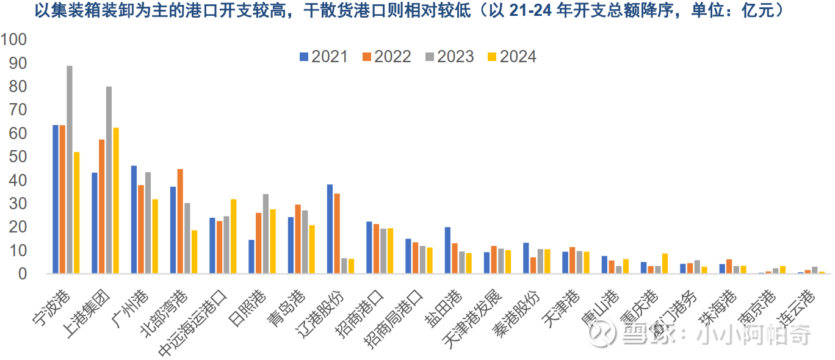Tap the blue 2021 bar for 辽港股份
330,229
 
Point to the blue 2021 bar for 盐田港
447,250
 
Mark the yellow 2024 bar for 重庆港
665,263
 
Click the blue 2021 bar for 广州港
134,219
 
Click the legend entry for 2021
324,57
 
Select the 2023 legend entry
449,57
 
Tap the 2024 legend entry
511,57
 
